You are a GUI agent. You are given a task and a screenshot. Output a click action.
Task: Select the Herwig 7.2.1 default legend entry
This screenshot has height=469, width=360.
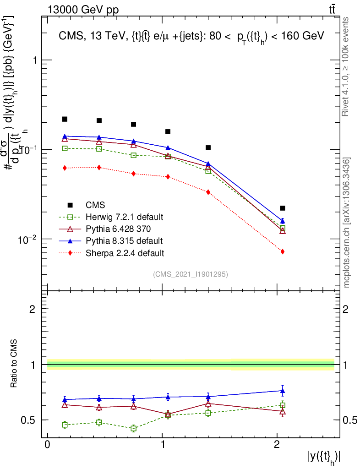click(x=124, y=217)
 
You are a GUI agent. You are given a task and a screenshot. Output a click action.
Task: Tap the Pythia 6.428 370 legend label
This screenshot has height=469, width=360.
click(x=118, y=229)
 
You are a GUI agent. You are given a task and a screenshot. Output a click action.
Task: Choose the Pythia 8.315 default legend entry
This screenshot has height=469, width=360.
click(x=124, y=240)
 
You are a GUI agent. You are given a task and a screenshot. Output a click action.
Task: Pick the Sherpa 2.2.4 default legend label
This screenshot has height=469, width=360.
click(x=125, y=252)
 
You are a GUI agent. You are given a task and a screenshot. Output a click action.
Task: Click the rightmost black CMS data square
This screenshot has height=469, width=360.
click(x=283, y=208)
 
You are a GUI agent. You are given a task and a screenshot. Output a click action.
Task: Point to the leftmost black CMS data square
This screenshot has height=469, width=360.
click(x=65, y=119)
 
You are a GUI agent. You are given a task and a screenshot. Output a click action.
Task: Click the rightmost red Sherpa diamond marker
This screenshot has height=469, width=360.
click(x=283, y=251)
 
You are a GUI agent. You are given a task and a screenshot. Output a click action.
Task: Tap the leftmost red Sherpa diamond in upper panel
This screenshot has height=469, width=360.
click(x=65, y=168)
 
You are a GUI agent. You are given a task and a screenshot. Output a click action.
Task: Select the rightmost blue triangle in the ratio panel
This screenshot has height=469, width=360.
click(x=283, y=391)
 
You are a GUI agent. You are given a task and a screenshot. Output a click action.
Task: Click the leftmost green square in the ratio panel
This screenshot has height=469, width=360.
click(x=65, y=425)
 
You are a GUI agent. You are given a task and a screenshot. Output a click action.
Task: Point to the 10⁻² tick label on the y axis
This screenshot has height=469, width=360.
click(x=28, y=239)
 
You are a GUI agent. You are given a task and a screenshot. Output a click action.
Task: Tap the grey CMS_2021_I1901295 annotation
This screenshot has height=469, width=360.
click(x=191, y=274)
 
